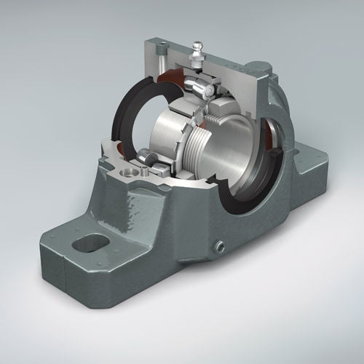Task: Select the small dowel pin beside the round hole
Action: (148, 173)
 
